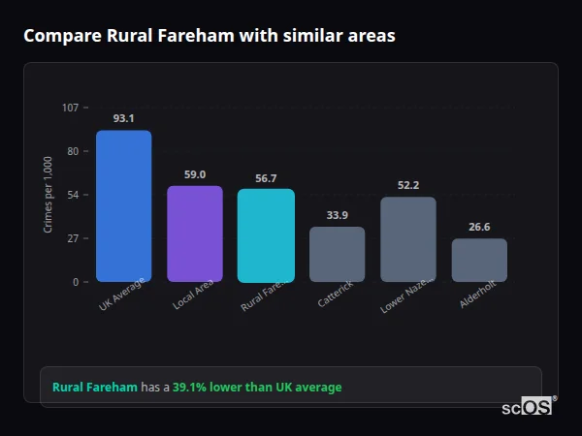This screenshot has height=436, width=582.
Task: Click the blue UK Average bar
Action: [123, 206]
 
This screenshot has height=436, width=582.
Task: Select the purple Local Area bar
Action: [195, 234]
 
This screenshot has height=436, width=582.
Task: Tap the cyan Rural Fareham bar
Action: [266, 235]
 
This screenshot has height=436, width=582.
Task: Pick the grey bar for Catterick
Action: [337, 254]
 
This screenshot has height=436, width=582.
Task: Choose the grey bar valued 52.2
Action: [408, 239]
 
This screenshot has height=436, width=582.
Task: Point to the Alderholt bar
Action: [479, 260]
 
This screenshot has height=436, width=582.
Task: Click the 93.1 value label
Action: [123, 119]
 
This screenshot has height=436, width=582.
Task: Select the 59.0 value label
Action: [195, 174]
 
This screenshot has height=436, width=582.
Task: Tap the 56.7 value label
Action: [266, 178]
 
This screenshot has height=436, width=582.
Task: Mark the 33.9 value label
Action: [337, 215]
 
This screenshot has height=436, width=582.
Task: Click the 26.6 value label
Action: [479, 227]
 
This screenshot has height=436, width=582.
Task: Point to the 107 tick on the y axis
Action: [70, 108]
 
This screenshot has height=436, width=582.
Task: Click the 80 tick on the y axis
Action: [72, 151]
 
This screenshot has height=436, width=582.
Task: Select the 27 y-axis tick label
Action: [72, 238]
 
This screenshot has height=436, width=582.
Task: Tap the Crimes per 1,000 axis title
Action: [48, 195]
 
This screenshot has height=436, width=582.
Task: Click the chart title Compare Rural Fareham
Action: [209, 36]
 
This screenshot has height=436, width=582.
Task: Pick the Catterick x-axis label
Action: [335, 295]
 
